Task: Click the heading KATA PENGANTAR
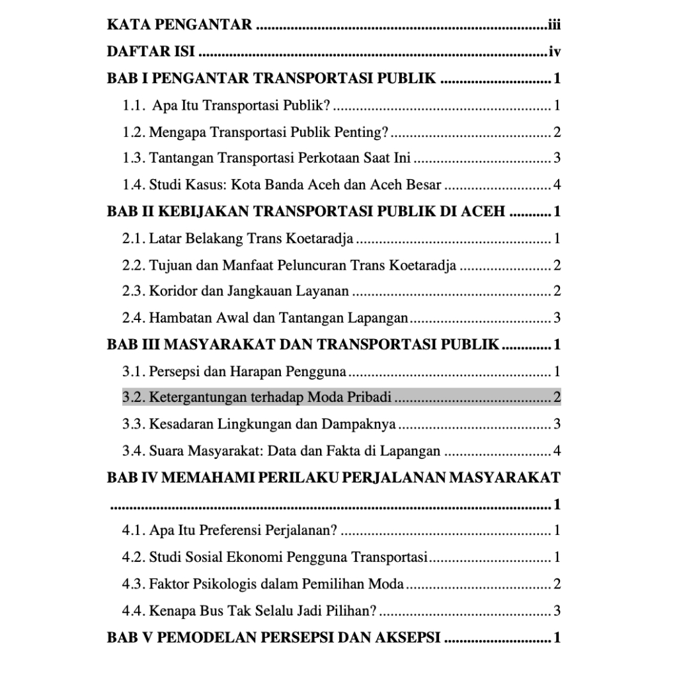pos(179,26)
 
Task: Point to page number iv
pos(555,52)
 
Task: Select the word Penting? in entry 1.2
pos(362,132)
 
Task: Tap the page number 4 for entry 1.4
pos(557,184)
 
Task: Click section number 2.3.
pos(134,291)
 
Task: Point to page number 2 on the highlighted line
pos(557,397)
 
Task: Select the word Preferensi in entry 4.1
pos(231,530)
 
